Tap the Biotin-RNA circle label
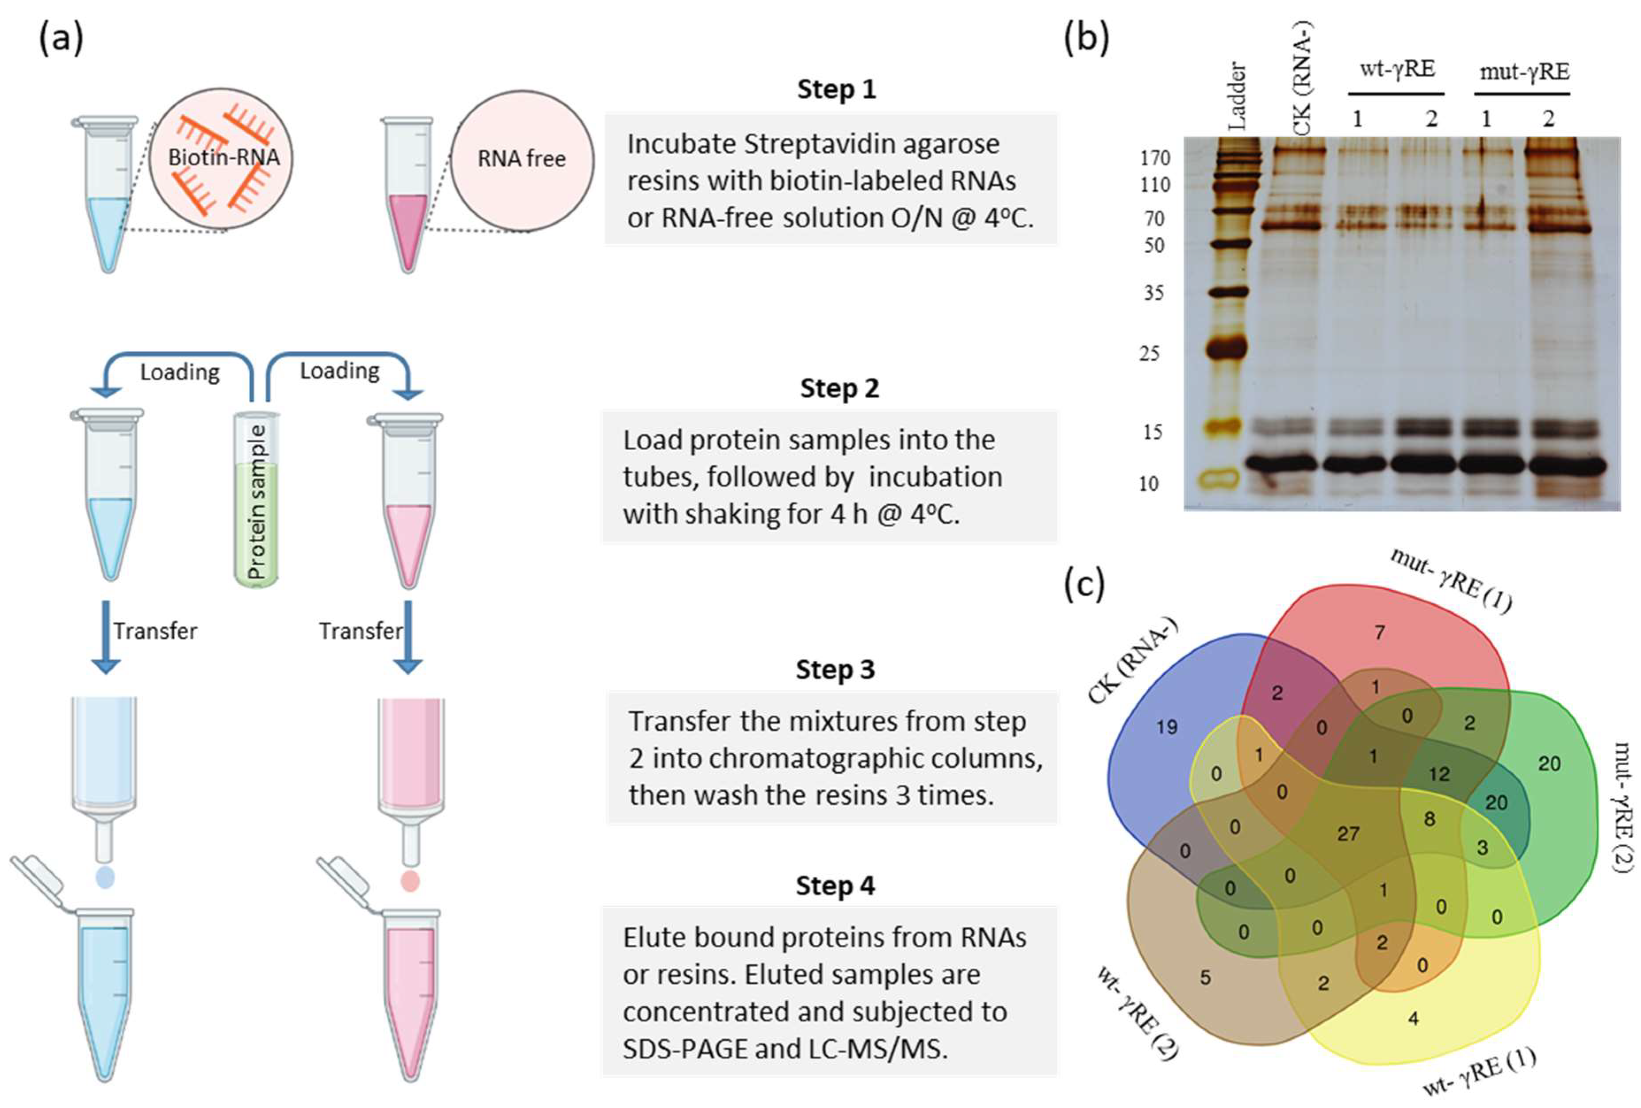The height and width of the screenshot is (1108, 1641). coord(223,157)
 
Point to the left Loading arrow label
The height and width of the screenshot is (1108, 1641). coord(179,372)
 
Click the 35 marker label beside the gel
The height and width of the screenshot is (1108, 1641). coord(1154,292)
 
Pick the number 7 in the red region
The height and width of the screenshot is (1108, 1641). coord(1379,632)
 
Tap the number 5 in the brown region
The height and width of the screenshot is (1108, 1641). coord(1205,978)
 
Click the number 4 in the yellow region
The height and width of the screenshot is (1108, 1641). coord(1413,1018)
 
